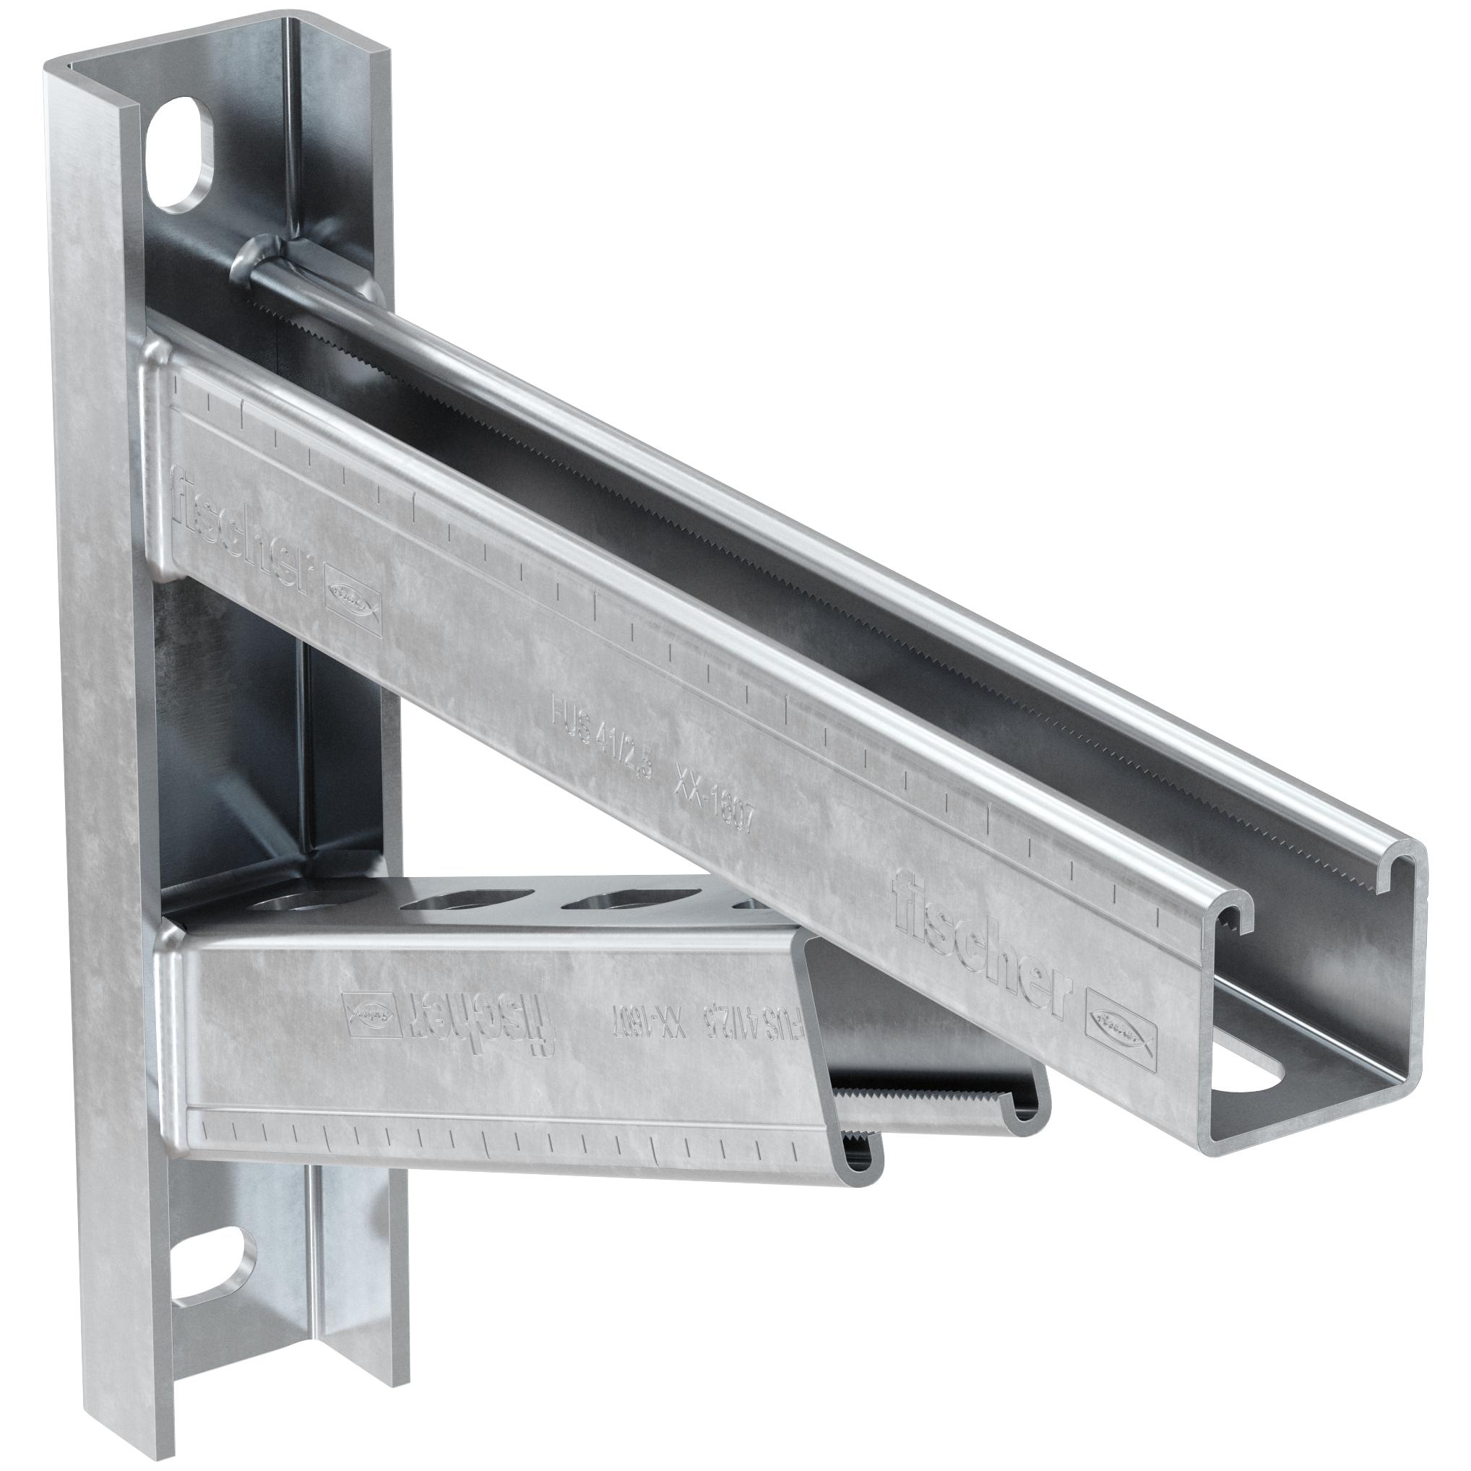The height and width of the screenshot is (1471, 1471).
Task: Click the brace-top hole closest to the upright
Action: [x=293, y=905]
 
